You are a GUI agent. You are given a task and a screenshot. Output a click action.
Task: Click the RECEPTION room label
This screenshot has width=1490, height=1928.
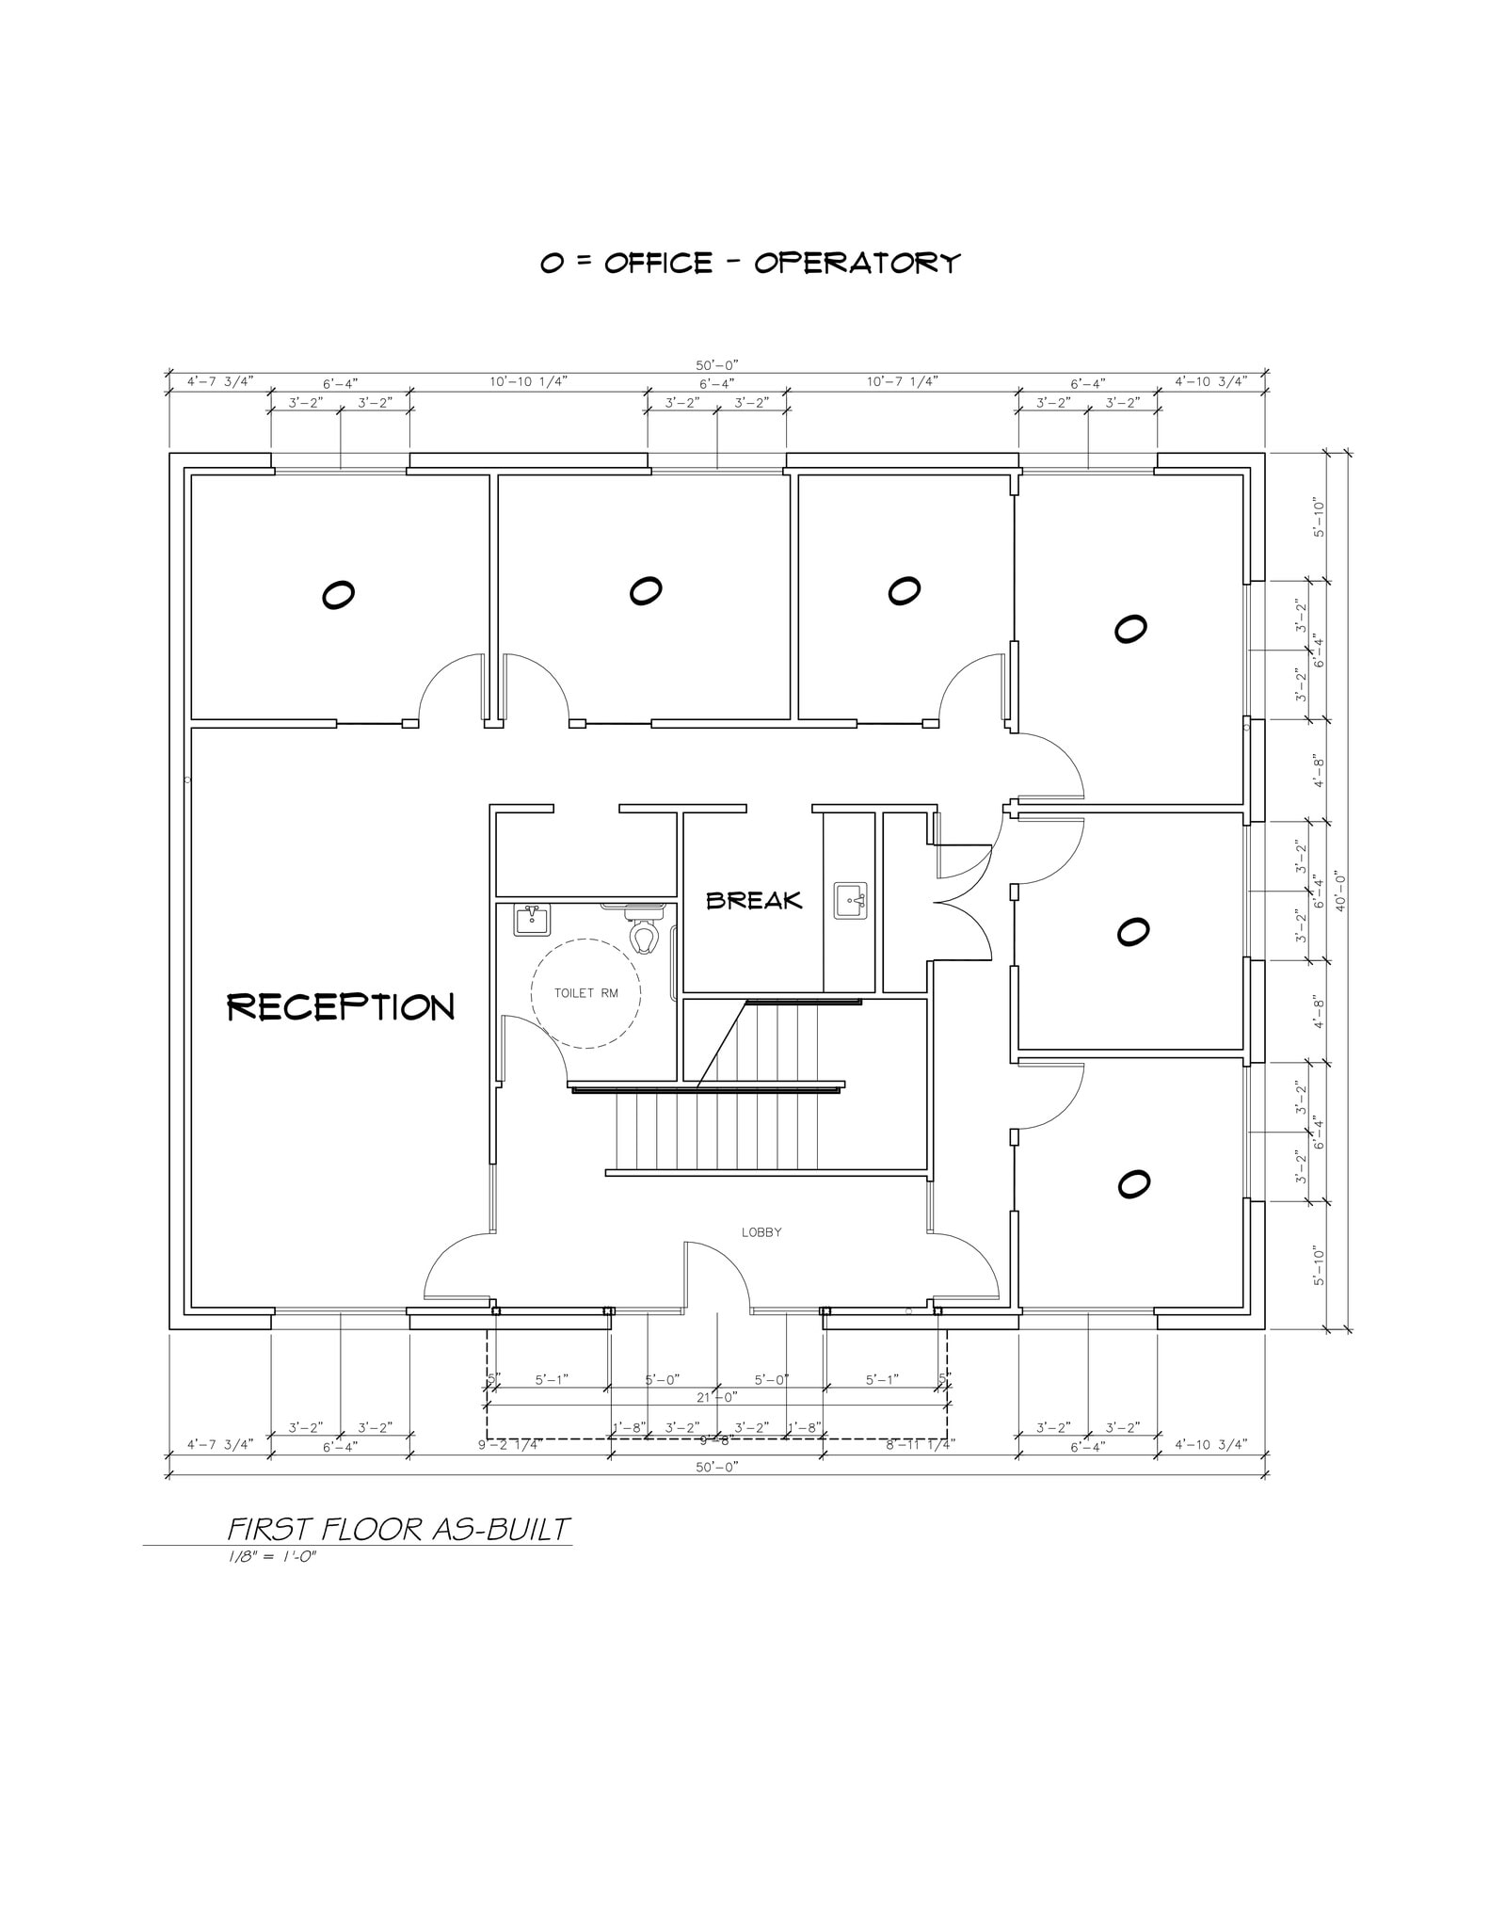(x=341, y=1007)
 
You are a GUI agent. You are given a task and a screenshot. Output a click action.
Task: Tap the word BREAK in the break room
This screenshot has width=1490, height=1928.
(x=754, y=901)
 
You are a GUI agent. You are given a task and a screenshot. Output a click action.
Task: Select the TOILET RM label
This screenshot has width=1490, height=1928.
(x=585, y=993)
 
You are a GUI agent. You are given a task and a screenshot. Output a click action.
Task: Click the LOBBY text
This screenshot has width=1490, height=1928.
(x=761, y=1232)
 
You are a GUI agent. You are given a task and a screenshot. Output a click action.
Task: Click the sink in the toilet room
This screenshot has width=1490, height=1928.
(x=532, y=919)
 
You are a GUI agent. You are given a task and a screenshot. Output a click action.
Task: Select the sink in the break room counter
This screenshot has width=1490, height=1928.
(x=851, y=901)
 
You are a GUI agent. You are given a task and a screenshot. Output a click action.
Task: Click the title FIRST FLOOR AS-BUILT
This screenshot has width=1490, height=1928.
(x=399, y=1529)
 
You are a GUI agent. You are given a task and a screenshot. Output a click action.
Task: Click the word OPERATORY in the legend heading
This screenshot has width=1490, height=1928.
(x=857, y=263)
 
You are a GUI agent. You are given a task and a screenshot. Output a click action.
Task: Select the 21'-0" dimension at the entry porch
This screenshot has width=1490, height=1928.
(x=716, y=1397)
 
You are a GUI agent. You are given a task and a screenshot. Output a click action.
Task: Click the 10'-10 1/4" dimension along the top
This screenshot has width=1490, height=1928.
(x=528, y=381)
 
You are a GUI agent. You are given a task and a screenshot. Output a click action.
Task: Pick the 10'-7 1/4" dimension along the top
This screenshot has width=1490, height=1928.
(x=902, y=381)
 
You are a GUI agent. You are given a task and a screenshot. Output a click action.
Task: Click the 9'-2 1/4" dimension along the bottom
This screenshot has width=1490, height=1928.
(x=508, y=1445)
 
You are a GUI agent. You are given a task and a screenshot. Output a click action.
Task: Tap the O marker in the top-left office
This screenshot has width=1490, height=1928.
(x=338, y=595)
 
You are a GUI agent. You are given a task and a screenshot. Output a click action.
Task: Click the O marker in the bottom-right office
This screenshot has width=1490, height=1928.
(x=1133, y=1184)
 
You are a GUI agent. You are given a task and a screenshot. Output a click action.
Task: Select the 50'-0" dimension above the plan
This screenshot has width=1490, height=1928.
(x=717, y=364)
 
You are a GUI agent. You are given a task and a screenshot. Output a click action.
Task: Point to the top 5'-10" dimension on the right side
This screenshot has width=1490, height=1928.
(x=1319, y=518)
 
